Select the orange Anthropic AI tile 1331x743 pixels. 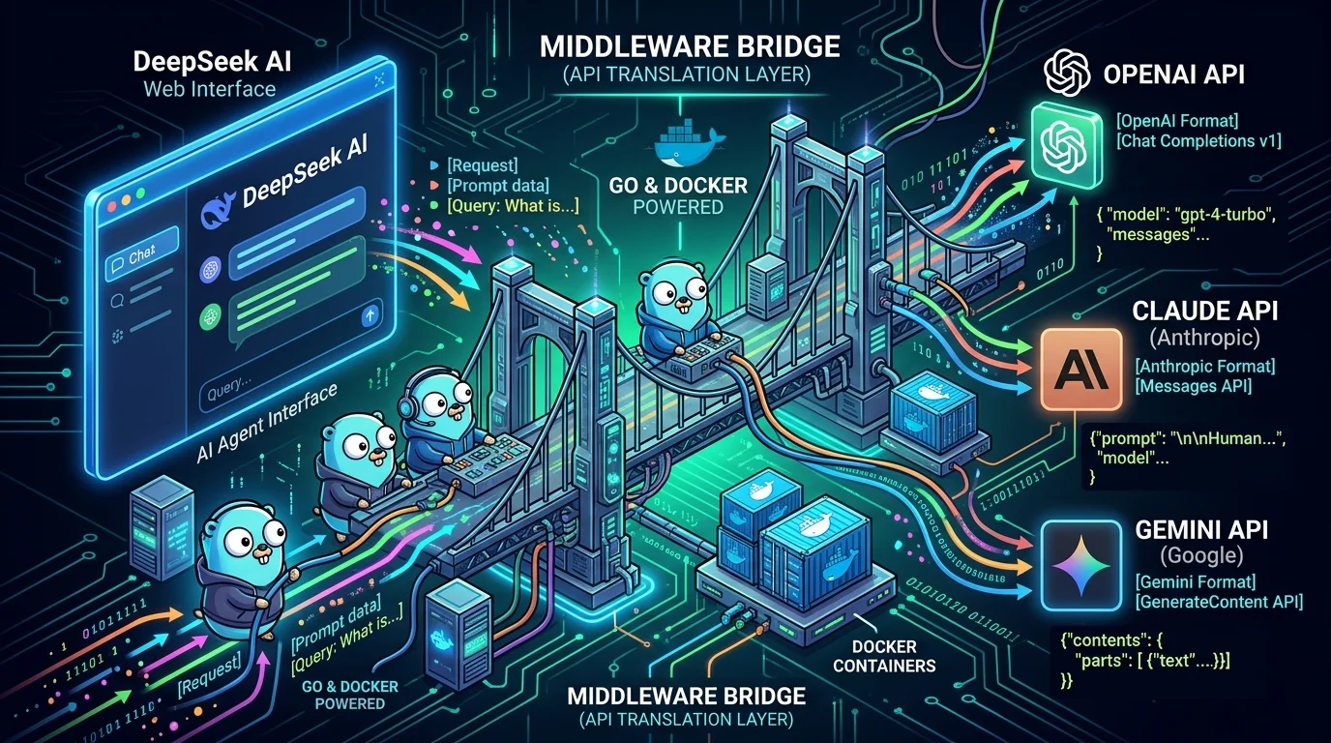click(x=1080, y=369)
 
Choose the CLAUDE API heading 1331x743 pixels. click(x=1204, y=312)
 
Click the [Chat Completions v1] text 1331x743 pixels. click(x=1198, y=141)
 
